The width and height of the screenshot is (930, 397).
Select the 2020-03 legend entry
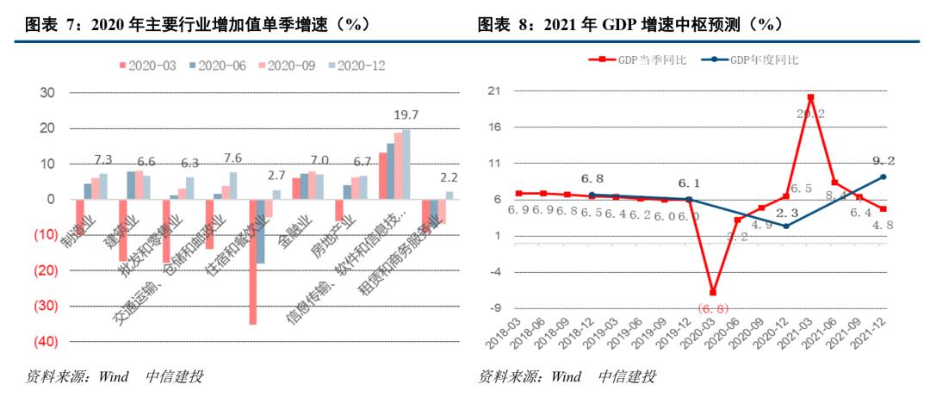click(x=147, y=65)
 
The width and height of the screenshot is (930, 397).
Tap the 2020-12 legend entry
click(x=354, y=65)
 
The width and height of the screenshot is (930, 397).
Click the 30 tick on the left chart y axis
click(x=49, y=93)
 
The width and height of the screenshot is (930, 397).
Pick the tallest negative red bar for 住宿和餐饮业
click(x=253, y=262)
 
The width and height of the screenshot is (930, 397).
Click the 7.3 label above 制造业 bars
click(x=103, y=159)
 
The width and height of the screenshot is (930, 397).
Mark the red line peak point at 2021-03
click(x=810, y=96)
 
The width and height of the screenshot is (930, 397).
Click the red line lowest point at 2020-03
click(x=713, y=293)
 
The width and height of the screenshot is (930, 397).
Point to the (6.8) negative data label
click(x=713, y=308)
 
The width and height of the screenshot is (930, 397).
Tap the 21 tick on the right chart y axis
click(x=494, y=90)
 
